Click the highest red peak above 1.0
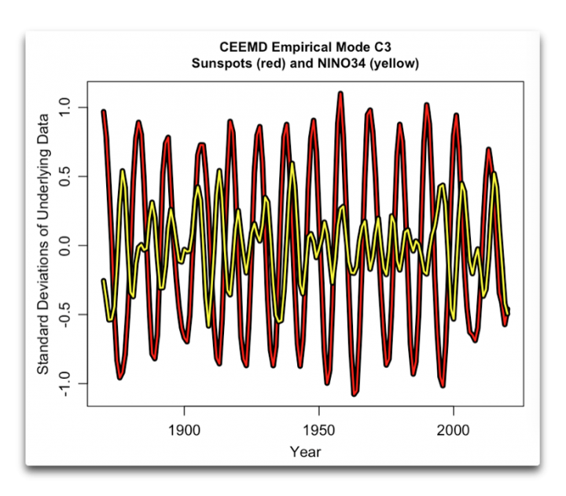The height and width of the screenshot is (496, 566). coord(340,93)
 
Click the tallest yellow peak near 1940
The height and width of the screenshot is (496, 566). coord(292,163)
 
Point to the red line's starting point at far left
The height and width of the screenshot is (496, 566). coord(103,111)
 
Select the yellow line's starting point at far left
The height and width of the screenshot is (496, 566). coord(103,280)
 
